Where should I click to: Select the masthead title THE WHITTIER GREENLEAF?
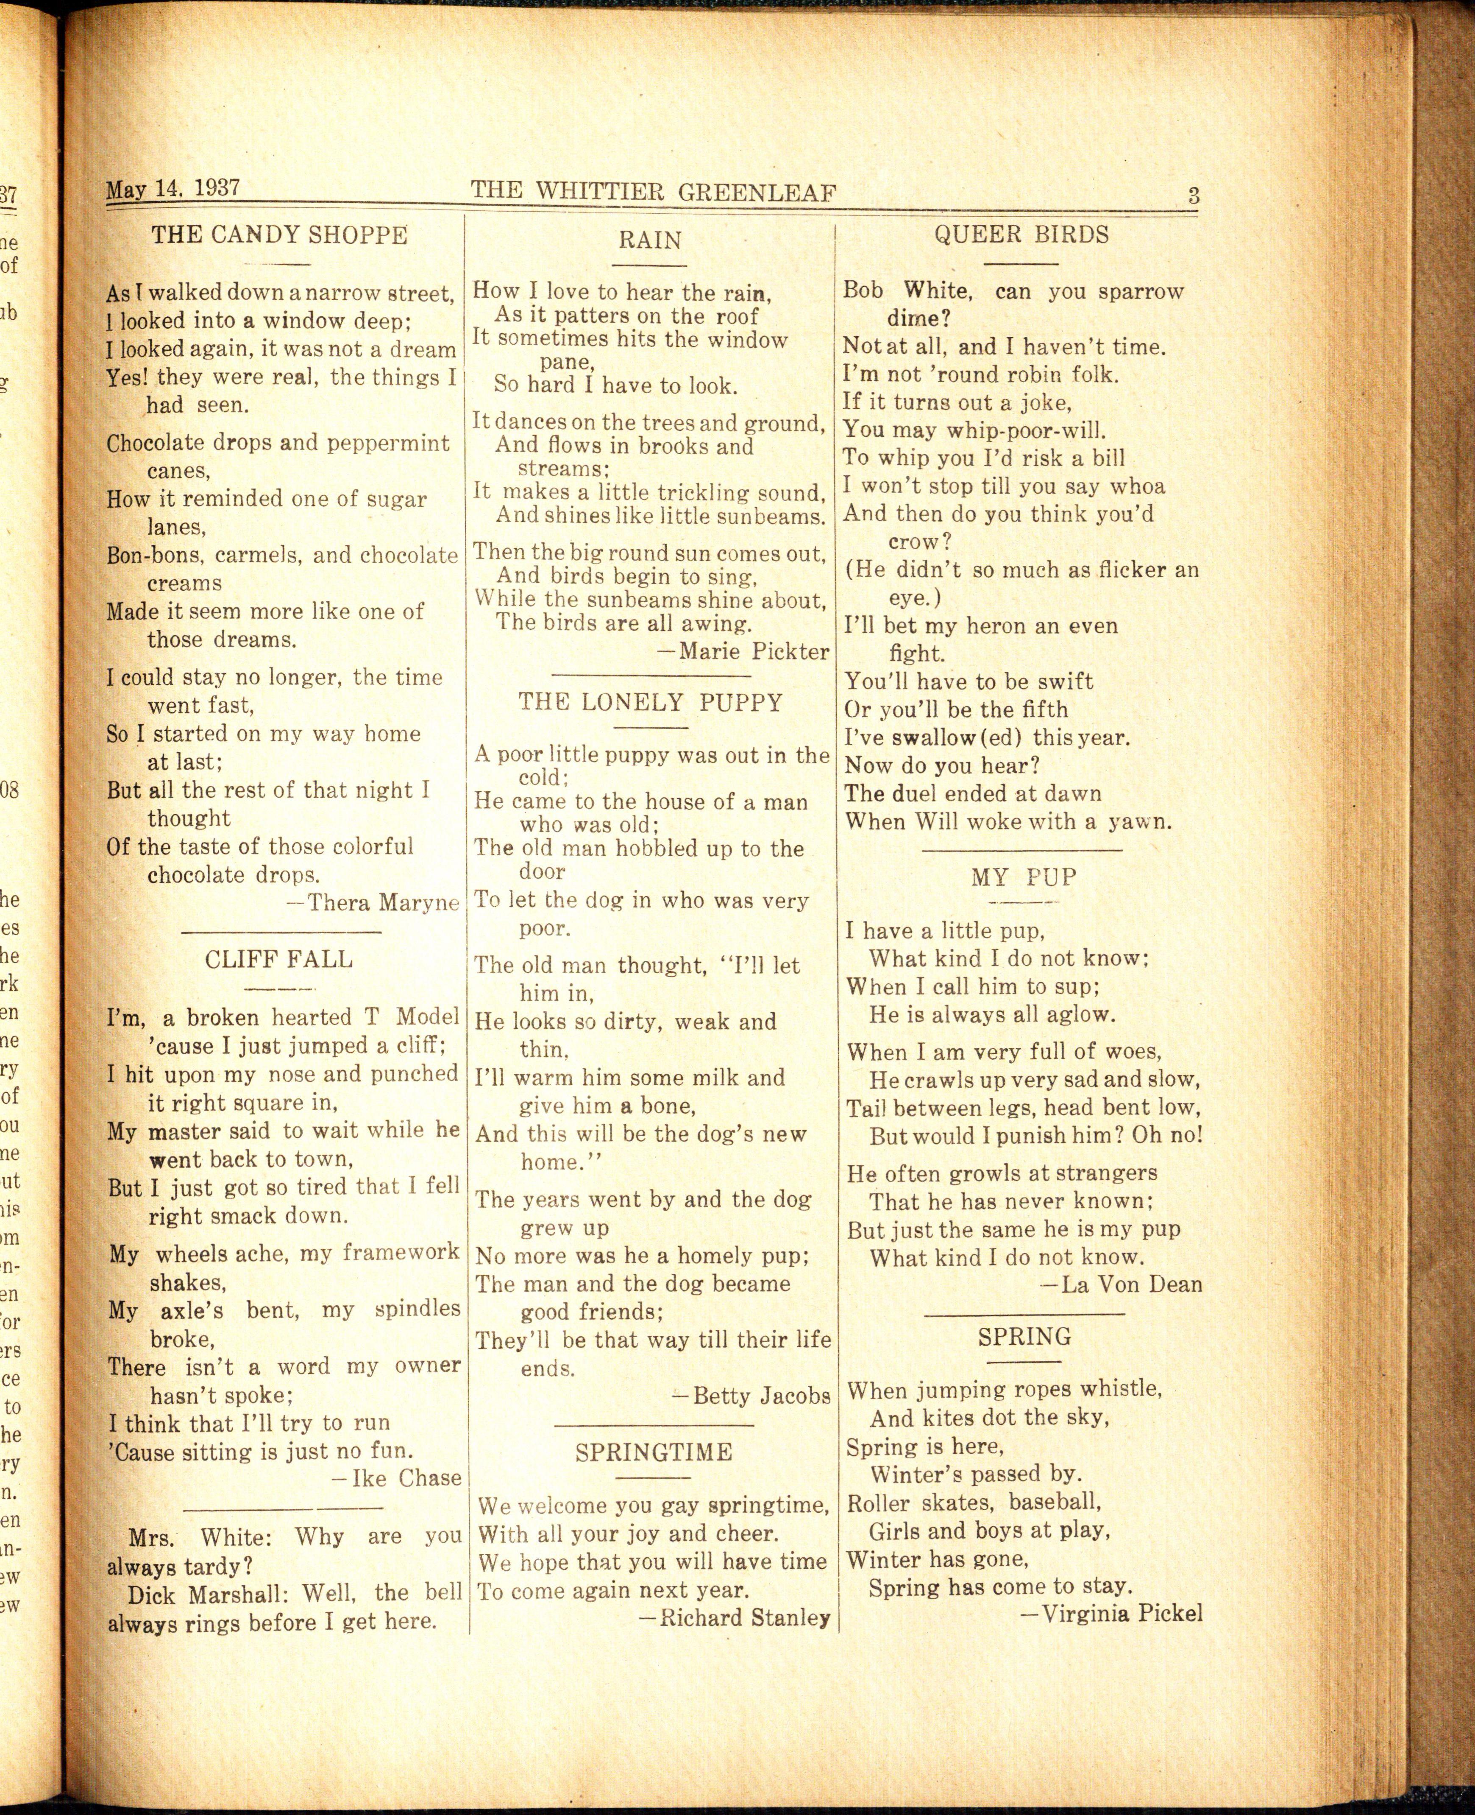click(654, 191)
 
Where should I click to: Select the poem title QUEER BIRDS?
click(1021, 235)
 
